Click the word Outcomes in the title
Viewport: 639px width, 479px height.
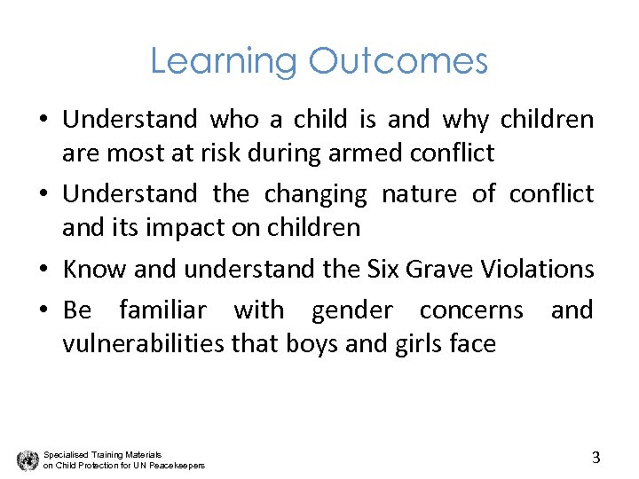tap(398, 61)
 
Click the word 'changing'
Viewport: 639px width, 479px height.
tap(315, 193)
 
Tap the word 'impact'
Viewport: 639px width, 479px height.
tap(183, 227)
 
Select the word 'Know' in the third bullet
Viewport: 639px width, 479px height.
tap(87, 268)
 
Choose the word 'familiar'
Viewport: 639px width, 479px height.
tap(162, 310)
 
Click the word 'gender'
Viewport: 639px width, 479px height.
tap(349, 310)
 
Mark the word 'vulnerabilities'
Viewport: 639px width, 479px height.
tap(143, 343)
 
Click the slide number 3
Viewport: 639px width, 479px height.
tap(596, 458)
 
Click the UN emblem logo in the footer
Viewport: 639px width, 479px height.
tap(28, 459)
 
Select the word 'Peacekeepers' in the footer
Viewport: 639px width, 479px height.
tap(177, 466)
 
